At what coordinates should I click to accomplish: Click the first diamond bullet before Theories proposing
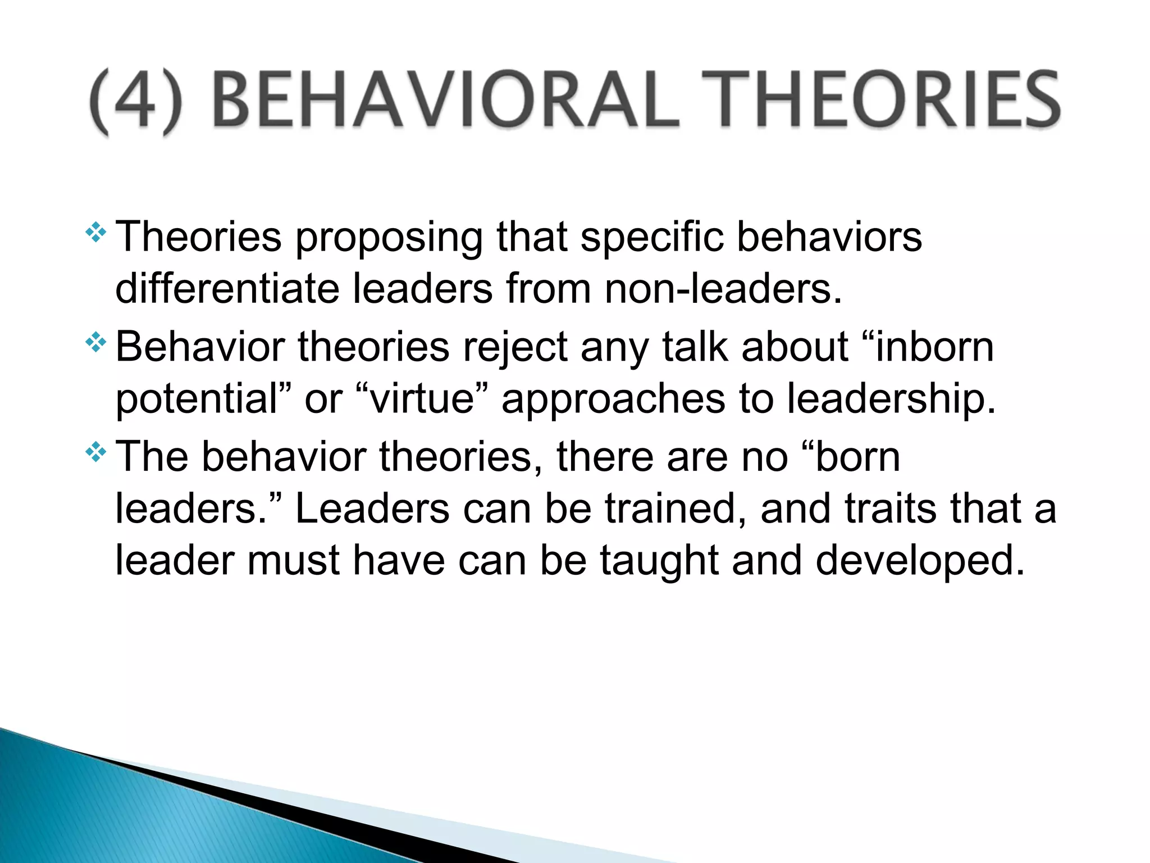[96, 233]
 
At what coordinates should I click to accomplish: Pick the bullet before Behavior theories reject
[96, 343]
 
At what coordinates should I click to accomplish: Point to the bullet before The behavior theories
[96, 452]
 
